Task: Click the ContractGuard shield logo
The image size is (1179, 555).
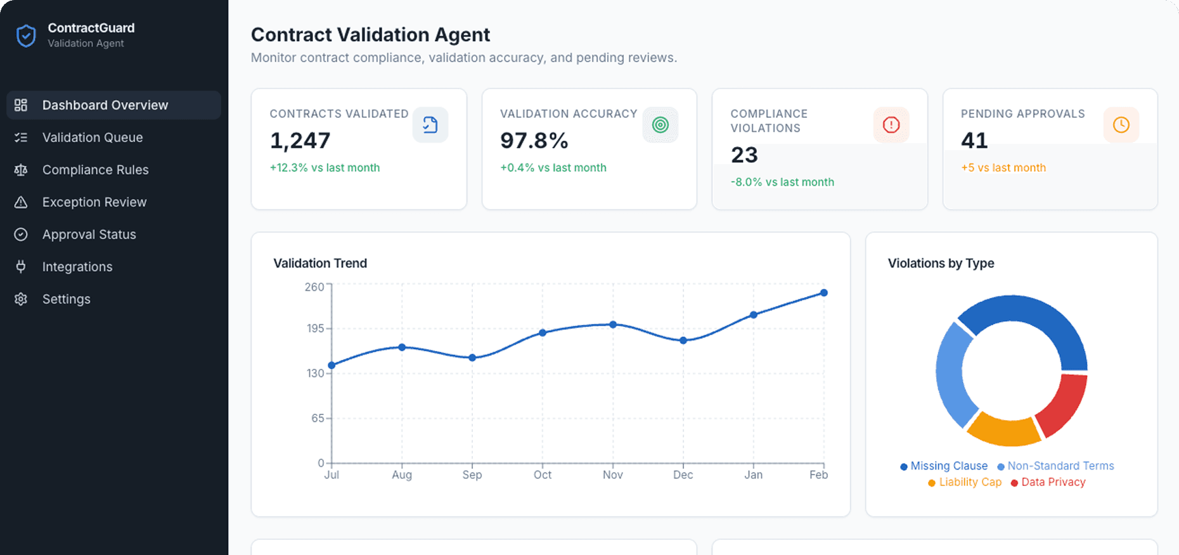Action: [26, 36]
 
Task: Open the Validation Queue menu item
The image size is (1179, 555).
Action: [93, 137]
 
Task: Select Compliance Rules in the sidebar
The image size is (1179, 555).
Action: [95, 170]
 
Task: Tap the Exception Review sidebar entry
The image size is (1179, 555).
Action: [94, 202]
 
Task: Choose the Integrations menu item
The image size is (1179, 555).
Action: [77, 267]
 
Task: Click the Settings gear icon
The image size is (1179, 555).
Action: [21, 299]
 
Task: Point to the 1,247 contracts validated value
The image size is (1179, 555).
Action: [300, 141]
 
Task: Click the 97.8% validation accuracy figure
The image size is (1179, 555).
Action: [534, 141]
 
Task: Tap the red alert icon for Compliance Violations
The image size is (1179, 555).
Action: [891, 125]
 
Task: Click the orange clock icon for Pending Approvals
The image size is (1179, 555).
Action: [1121, 125]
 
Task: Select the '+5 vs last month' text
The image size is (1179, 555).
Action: [1003, 168]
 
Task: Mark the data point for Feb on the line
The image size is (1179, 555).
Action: [823, 293]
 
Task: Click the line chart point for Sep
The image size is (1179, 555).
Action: [472, 358]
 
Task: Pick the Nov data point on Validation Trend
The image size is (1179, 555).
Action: [613, 324]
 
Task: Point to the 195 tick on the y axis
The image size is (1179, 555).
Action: [315, 328]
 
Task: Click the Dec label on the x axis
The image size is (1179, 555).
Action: [683, 475]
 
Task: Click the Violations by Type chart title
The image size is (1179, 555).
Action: [941, 263]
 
